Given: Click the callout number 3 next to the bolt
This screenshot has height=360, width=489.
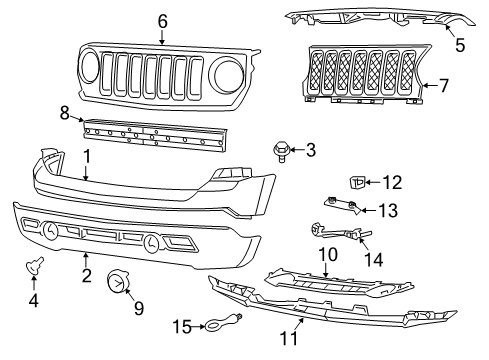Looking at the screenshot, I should coord(311,150).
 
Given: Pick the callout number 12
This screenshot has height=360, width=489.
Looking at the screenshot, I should coord(392,182).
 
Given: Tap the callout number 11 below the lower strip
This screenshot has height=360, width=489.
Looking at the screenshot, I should coord(291,339).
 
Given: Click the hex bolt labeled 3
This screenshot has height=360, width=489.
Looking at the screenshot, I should coord(281,152).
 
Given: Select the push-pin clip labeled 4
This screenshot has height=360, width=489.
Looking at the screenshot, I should coord(40,265).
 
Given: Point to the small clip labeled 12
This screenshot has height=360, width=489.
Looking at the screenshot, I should coord(358,182).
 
